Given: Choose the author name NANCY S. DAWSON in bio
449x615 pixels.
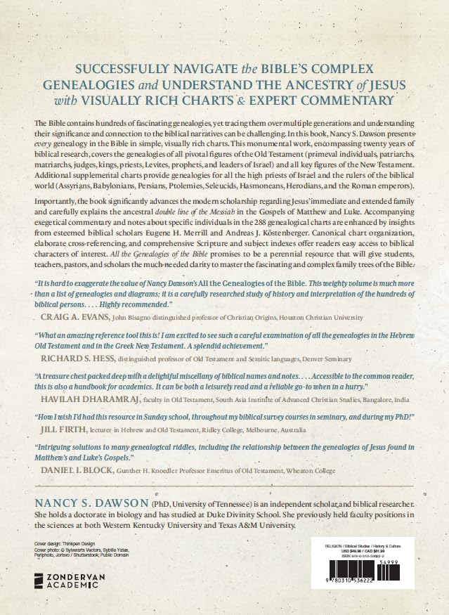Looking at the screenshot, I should coord(91,505).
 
